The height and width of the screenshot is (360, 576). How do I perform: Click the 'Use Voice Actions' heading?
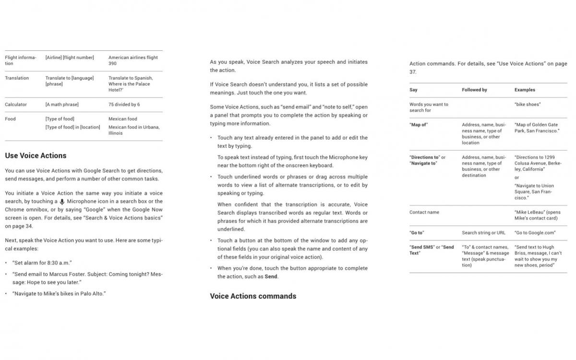coord(36,156)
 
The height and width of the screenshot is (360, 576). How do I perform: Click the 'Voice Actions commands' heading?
coord(253,296)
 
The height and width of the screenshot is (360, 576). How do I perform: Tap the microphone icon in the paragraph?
coord(62,202)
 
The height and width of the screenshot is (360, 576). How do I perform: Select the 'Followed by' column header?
coord(474,90)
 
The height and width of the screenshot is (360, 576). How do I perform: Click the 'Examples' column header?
coord(525,90)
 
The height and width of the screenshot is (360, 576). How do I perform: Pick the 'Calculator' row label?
coord(16,104)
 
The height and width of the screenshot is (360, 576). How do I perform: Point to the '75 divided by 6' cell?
coord(124,104)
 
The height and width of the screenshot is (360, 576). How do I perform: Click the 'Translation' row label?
coord(17,78)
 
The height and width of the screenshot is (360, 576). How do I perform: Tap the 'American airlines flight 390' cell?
coord(133,60)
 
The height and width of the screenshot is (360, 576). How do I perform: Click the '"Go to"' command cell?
coord(417,233)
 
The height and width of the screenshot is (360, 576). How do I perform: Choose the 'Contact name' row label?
coord(424,212)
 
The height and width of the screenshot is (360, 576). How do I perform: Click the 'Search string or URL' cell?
coord(483,233)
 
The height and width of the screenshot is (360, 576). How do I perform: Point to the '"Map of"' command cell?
coord(419,125)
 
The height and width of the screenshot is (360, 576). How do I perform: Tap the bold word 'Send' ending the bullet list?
coord(271,276)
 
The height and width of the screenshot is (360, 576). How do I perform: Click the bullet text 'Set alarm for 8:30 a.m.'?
coord(42,263)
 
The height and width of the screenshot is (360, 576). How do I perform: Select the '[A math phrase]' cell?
coord(62,104)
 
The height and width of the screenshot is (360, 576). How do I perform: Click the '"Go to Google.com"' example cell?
coord(535,233)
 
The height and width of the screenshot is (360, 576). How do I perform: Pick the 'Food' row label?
coord(10,119)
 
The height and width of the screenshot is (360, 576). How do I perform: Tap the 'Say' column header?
coord(413,90)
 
